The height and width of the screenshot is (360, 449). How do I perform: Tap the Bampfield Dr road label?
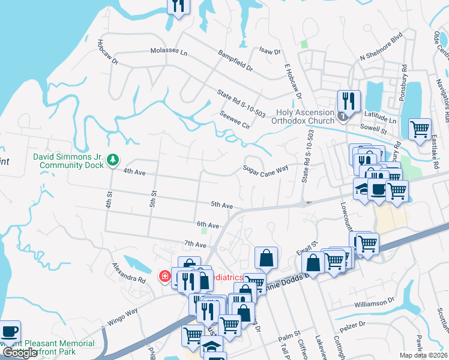(x=236, y=61)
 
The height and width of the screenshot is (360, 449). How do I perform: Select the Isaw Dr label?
(x=270, y=52)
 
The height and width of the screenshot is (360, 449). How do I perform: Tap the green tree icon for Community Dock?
(x=112, y=160)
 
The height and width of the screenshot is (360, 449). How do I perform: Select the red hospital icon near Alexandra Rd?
(x=164, y=276)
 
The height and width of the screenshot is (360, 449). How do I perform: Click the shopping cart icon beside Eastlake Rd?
(x=420, y=128)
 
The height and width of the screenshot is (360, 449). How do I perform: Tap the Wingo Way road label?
(x=122, y=316)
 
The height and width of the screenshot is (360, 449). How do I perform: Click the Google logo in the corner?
(x=19, y=353)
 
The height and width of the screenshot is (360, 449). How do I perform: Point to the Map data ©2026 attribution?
(x=424, y=355)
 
